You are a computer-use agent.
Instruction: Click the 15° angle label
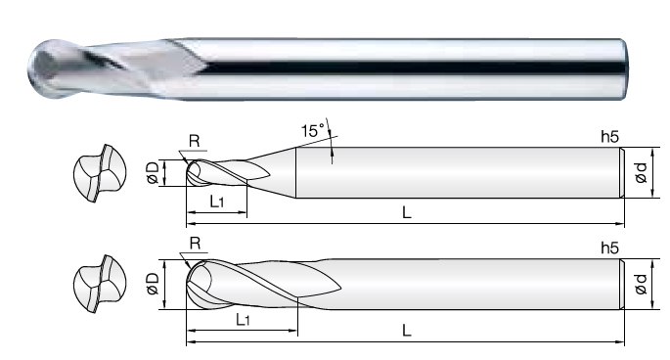pyautogui.click(x=313, y=130)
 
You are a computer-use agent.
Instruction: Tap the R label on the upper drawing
pyautogui.click(x=194, y=141)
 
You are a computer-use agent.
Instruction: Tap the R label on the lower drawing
pyautogui.click(x=195, y=244)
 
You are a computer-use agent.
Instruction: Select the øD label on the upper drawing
pyautogui.click(x=153, y=173)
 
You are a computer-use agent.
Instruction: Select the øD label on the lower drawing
pyautogui.click(x=153, y=284)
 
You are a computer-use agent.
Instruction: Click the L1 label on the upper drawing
pyautogui.click(x=217, y=201)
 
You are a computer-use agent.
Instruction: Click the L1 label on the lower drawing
pyautogui.click(x=243, y=319)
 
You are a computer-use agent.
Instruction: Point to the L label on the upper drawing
pyautogui.click(x=406, y=212)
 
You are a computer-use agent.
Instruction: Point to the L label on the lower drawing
pyautogui.click(x=406, y=330)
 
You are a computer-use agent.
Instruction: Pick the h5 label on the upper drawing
pyautogui.click(x=609, y=136)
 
